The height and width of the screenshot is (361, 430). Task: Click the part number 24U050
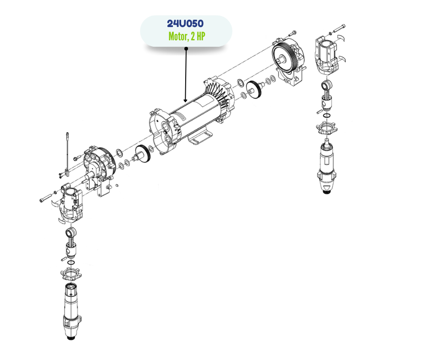point(185,23)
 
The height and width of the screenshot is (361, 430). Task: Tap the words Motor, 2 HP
point(187,36)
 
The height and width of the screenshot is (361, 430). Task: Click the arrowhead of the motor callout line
point(186,100)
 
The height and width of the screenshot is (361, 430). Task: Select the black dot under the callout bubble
point(186,49)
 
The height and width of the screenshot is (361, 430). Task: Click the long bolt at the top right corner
point(339,28)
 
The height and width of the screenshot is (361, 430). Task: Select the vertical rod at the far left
point(67,154)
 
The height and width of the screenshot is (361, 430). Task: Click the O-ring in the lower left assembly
point(71,263)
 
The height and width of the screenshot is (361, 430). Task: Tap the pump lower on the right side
point(327,166)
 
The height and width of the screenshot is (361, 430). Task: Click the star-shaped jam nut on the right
point(327,128)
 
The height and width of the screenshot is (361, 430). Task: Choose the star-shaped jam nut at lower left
point(71,274)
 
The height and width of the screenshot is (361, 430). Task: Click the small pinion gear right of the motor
point(254,90)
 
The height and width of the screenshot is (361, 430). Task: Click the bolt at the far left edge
point(46,198)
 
